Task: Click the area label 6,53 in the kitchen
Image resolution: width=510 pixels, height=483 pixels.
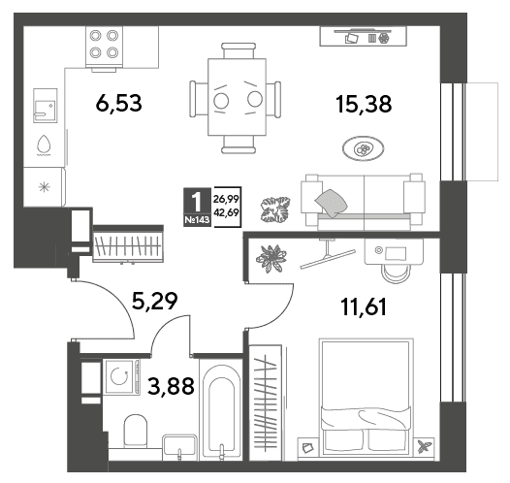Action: (x=118, y=103)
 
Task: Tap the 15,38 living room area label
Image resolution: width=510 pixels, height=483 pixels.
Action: (x=364, y=104)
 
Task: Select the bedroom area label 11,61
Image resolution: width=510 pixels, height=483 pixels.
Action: (x=364, y=306)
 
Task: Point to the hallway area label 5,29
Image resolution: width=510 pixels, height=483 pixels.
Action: (x=154, y=301)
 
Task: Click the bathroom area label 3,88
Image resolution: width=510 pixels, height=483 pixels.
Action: (x=171, y=385)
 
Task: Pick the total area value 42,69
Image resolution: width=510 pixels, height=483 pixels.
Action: (x=227, y=212)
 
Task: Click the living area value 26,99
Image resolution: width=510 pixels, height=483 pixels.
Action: (x=226, y=199)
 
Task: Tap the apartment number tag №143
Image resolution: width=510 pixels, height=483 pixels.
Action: (x=197, y=220)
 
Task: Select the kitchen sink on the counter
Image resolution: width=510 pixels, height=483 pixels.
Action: (x=46, y=106)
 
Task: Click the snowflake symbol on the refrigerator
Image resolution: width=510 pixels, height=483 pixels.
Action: (x=45, y=187)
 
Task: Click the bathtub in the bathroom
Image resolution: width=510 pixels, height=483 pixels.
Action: (x=221, y=410)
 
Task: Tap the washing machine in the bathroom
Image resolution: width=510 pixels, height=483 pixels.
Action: (x=121, y=376)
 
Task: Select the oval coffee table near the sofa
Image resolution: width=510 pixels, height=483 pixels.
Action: (x=363, y=148)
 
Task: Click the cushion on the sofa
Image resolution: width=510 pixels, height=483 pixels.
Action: (x=331, y=203)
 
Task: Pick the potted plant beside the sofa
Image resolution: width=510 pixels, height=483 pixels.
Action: (x=275, y=209)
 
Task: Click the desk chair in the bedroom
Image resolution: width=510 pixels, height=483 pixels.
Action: (x=397, y=274)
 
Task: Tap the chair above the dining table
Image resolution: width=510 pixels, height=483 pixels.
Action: (x=239, y=50)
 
